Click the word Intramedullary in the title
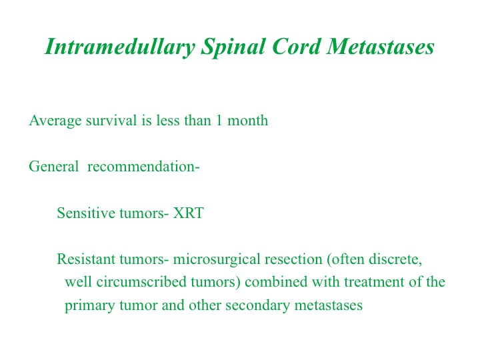coord(120,47)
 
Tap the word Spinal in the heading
coord(233,47)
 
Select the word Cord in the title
coord(296,47)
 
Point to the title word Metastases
coord(380,47)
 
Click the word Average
coord(55,120)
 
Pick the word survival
coord(111,120)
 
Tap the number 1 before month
coord(219,120)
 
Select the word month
coord(247,120)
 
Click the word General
coord(54,167)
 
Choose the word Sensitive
coord(86,213)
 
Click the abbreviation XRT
coord(188,213)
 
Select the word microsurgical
coord(217,259)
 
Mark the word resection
coord(293,259)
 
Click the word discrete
coord(395,259)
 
